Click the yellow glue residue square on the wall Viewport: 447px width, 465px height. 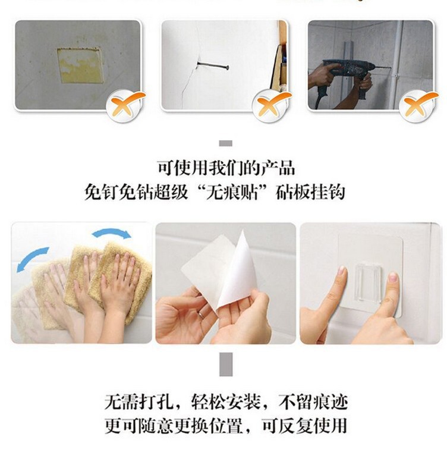click(x=80, y=65)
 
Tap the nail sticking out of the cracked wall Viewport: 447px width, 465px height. click(x=213, y=65)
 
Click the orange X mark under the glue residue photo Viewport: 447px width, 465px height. click(x=126, y=104)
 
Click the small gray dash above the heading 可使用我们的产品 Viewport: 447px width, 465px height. click(x=225, y=143)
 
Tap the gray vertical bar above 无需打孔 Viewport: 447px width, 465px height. click(x=226, y=364)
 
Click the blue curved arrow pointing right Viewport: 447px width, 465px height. click(x=112, y=232)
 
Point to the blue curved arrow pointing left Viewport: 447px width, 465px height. click(x=31, y=257)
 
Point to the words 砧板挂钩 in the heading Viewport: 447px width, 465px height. click(x=310, y=193)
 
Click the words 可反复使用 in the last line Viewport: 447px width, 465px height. click(x=305, y=426)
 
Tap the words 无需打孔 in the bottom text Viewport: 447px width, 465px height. click(x=138, y=402)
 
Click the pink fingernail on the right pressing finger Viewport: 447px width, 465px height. click(x=393, y=278)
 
